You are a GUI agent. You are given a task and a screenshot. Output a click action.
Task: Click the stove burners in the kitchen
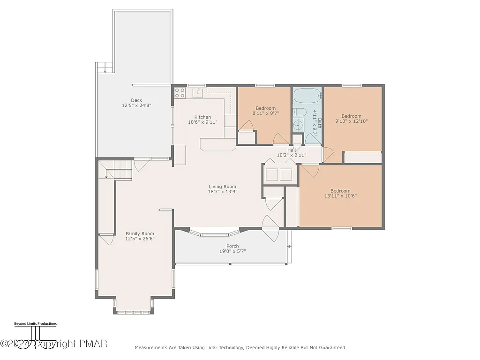[x=180, y=93]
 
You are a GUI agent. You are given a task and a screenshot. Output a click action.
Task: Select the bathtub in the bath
[x=307, y=97]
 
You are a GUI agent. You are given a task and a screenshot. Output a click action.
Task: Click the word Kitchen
[x=202, y=117]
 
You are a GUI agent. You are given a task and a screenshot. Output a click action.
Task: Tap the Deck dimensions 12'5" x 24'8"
[x=136, y=105]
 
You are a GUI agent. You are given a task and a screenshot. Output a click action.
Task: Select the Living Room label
[x=223, y=186]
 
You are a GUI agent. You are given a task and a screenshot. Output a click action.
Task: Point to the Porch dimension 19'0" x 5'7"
[x=232, y=251]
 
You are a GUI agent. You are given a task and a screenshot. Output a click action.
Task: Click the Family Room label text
[x=140, y=233]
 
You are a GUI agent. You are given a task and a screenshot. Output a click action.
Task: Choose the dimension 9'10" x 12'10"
[x=351, y=121]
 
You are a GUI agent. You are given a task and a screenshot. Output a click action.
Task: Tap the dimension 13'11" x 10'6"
[x=340, y=196]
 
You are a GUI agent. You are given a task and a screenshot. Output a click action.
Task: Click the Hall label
[x=291, y=150]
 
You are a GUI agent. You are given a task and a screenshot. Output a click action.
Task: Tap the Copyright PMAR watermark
[x=54, y=344]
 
